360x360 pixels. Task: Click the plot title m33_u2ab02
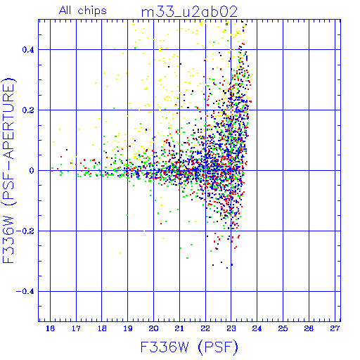coord(189,12)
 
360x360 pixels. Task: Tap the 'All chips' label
coord(83,11)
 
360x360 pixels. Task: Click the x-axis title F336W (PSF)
coord(189,347)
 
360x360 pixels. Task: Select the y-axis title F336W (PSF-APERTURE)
coord(9,170)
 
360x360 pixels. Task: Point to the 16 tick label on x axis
coord(50,328)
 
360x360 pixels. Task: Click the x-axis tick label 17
coord(76,328)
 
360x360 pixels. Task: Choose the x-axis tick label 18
coord(102,328)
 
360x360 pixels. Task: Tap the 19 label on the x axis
coord(128,328)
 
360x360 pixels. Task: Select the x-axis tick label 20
coord(153,328)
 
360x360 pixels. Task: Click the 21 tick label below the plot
coord(179,328)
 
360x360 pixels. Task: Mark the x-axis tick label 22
coord(205,328)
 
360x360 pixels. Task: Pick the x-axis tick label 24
coord(257,328)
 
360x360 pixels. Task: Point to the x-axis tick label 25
coord(283,328)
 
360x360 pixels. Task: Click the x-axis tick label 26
coord(309,328)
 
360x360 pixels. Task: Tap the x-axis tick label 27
coord(335,328)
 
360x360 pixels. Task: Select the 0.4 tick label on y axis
coord(28,50)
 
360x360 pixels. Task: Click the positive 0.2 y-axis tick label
coord(28,110)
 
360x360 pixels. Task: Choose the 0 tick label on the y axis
coord(32,170)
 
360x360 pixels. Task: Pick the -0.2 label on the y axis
coord(25,231)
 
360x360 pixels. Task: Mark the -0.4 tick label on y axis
coord(25,291)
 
